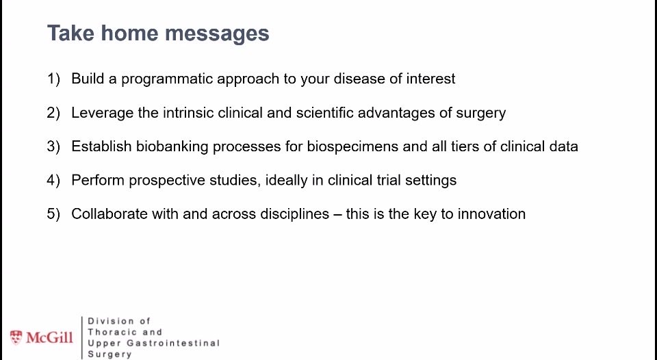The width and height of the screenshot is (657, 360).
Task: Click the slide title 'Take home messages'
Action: [157, 33]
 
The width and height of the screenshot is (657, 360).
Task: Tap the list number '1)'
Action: [54, 79]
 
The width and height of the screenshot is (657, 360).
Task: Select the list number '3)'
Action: [54, 146]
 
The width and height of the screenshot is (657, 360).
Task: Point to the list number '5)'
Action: [54, 214]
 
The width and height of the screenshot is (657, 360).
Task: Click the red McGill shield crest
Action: [16, 337]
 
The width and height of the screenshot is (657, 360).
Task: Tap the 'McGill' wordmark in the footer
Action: [49, 337]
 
